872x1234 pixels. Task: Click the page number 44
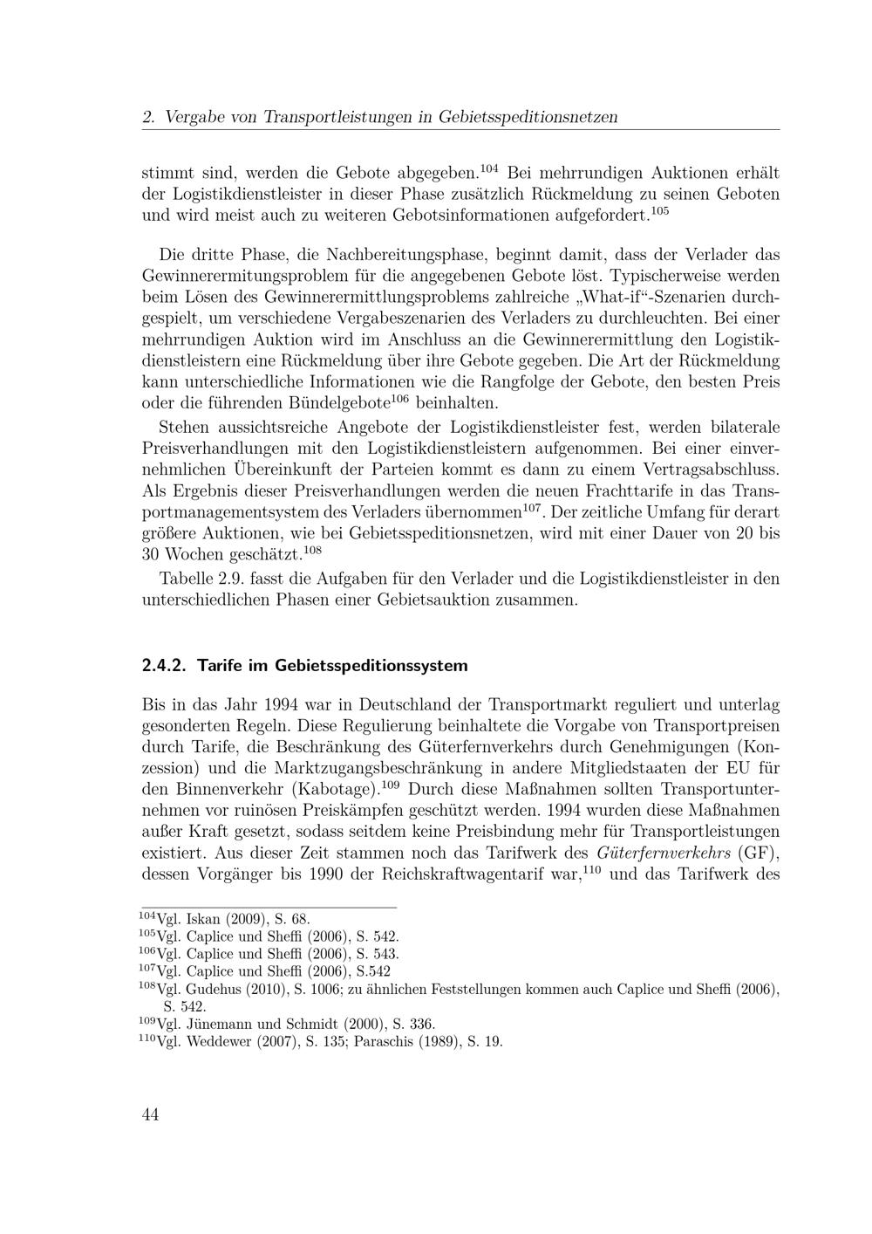tap(150, 1114)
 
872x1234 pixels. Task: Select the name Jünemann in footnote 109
tap(220, 1024)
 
